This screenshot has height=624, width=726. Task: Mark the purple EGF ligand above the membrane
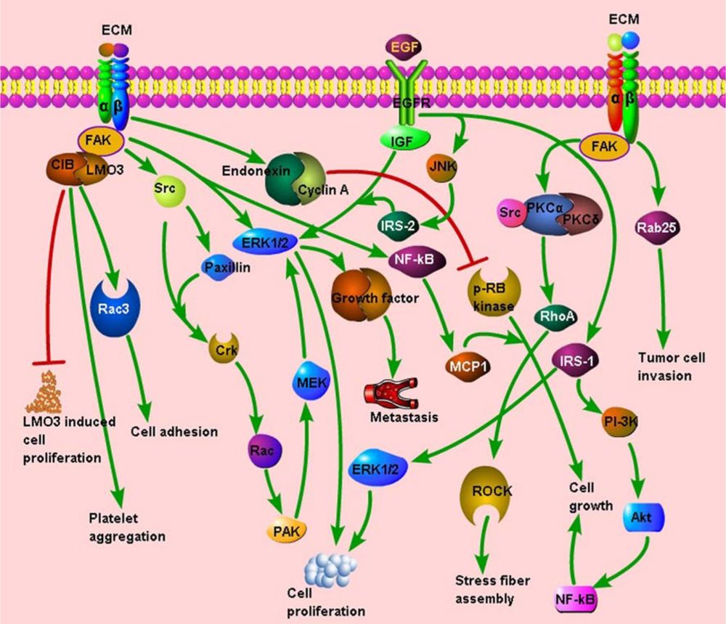click(x=405, y=49)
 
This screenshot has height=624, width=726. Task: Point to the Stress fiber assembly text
click(x=492, y=589)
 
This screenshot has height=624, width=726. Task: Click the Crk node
click(x=222, y=348)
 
